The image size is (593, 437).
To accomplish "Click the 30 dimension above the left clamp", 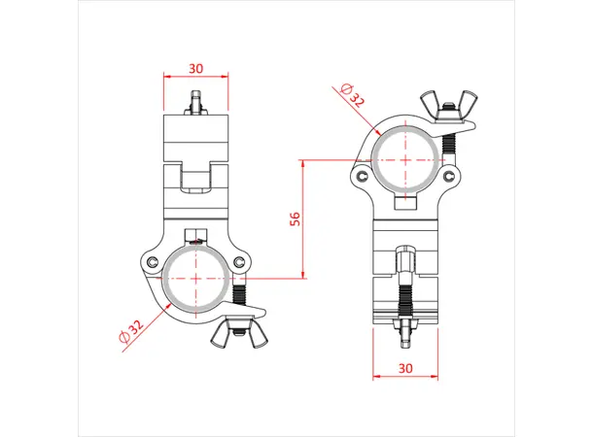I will pos(196,68).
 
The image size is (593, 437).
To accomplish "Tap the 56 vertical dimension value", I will pos(295,218).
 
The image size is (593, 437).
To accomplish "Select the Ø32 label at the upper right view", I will pos(353,96).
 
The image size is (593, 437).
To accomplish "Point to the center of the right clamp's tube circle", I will pos(404,158).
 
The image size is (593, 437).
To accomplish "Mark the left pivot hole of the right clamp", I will pos(361,177).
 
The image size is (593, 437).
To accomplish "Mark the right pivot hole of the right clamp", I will pos(450,176).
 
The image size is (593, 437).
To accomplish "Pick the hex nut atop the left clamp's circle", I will pos(196,237).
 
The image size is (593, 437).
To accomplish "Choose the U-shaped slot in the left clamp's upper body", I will pos(196,178).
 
